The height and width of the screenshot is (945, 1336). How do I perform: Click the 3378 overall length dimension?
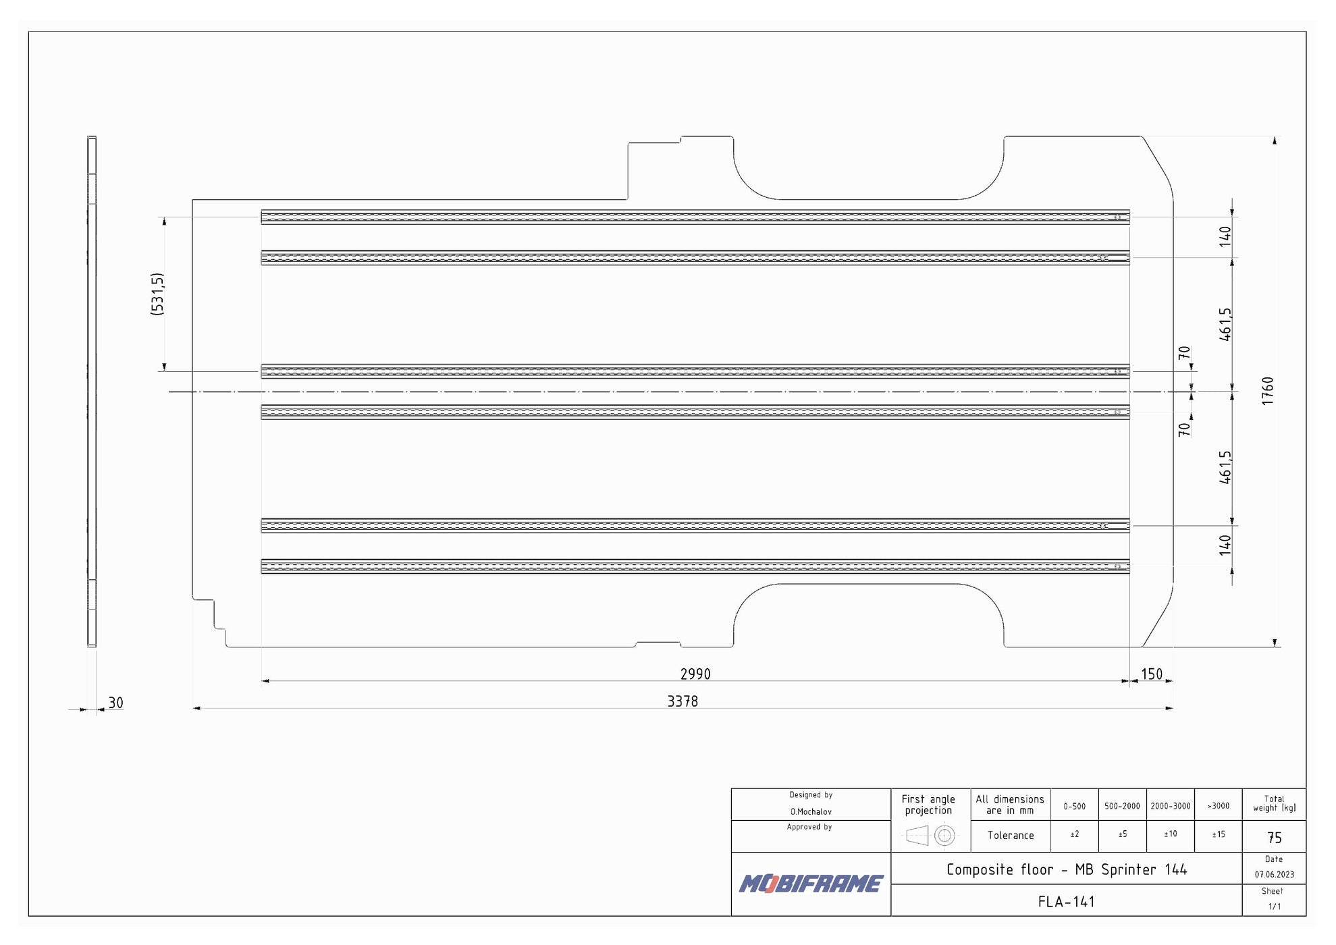(x=683, y=701)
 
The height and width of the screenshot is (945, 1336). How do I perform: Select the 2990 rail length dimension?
(x=695, y=674)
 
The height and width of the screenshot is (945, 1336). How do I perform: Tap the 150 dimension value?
(x=1152, y=674)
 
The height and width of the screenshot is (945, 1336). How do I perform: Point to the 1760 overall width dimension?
(x=1267, y=391)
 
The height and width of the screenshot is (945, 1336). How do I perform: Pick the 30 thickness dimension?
(x=116, y=703)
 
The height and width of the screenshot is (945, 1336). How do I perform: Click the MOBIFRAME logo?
(x=810, y=884)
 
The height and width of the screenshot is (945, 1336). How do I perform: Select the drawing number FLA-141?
(x=1066, y=901)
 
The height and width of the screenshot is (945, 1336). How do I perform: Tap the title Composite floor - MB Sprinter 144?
(x=1066, y=869)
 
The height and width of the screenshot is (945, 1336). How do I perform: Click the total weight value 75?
(x=1274, y=838)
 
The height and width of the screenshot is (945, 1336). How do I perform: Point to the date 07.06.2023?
(x=1274, y=874)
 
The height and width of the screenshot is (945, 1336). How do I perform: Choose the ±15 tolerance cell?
(x=1218, y=835)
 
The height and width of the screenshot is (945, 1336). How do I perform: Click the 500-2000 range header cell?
(x=1122, y=806)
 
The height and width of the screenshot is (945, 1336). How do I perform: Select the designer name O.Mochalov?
(x=811, y=811)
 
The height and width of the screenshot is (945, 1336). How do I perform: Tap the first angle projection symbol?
(x=930, y=836)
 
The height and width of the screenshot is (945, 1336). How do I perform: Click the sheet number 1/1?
(x=1274, y=907)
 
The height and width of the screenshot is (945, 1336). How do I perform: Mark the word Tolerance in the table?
(x=1011, y=836)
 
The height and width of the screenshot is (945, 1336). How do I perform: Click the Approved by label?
(x=809, y=827)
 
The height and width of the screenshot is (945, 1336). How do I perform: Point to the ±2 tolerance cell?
(x=1074, y=835)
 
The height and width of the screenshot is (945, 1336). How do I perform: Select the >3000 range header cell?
(x=1218, y=806)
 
